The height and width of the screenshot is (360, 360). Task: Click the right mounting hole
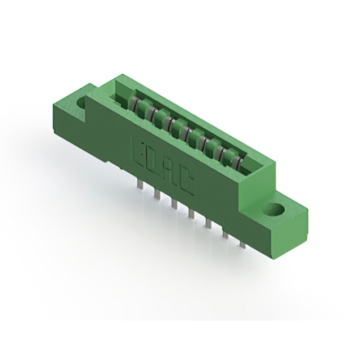pos(276,211)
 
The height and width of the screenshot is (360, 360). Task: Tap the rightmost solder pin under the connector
pos(242,243)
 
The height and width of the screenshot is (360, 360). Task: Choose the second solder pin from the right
pos(226,233)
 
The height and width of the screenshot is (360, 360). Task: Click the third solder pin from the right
pos(208,223)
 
